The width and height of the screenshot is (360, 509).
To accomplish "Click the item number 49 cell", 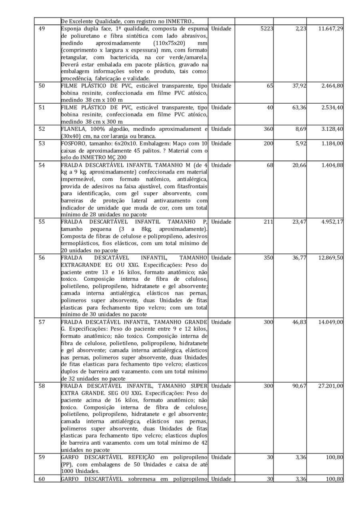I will pyautogui.click(x=41, y=29).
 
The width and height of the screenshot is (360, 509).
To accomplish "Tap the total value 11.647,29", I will pyautogui.click(x=330, y=29).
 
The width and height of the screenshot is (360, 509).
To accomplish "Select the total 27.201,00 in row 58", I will pyautogui.click(x=330, y=386).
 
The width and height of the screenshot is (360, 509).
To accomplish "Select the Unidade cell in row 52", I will pyautogui.click(x=221, y=130).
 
